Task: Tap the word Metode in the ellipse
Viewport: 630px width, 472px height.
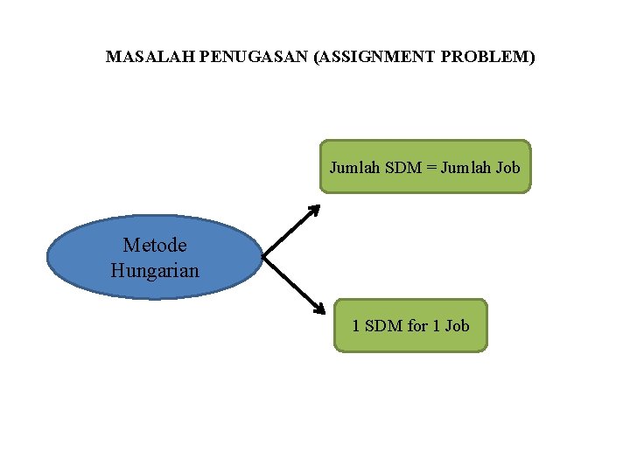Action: coord(155,246)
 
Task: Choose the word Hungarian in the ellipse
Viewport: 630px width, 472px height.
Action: coord(155,271)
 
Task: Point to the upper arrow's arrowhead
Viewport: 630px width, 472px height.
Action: coord(315,210)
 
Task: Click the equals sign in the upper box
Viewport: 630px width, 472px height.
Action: coord(430,167)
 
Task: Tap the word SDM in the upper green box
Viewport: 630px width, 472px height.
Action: coord(402,167)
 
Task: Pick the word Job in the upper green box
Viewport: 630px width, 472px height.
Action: coord(507,167)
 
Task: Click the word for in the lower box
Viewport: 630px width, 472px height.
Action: coord(417,326)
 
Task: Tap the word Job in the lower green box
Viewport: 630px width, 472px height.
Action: coord(457,326)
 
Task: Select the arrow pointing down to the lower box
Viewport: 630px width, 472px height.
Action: coord(291,282)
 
